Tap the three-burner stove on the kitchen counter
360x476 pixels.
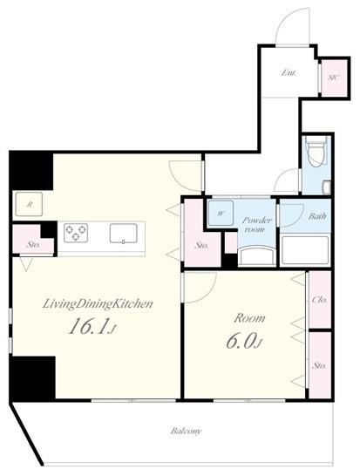(76, 233)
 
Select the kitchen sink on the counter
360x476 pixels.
(124, 234)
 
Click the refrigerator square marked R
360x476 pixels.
(29, 204)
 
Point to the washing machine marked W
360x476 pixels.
(221, 213)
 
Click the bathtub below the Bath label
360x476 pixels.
(305, 250)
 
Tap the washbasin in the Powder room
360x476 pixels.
(257, 256)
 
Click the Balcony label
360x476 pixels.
(186, 431)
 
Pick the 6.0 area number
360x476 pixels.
(243, 342)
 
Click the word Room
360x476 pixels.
(249, 318)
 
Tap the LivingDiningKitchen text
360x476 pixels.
(98, 304)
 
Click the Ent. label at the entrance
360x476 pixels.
(289, 73)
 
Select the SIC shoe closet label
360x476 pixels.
(334, 77)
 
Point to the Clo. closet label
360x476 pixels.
(320, 300)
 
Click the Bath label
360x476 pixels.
(317, 216)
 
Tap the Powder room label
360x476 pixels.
(256, 225)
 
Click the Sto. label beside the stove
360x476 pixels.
(33, 244)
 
